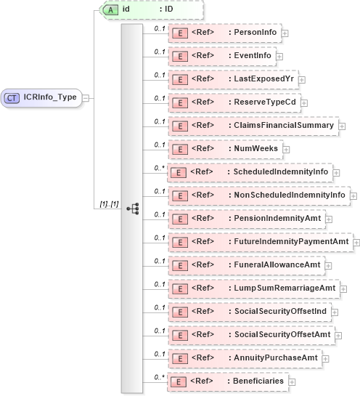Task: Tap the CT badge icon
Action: [x=12, y=97]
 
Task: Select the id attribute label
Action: [x=126, y=10]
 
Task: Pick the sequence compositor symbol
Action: [x=132, y=209]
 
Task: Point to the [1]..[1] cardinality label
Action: [x=110, y=204]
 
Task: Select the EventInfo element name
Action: [x=252, y=56]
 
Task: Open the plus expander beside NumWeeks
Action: [x=285, y=149]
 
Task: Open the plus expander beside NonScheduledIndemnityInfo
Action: [x=353, y=195]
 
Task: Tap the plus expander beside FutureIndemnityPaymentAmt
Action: [x=356, y=241]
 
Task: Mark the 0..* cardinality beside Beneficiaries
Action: [x=158, y=376]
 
